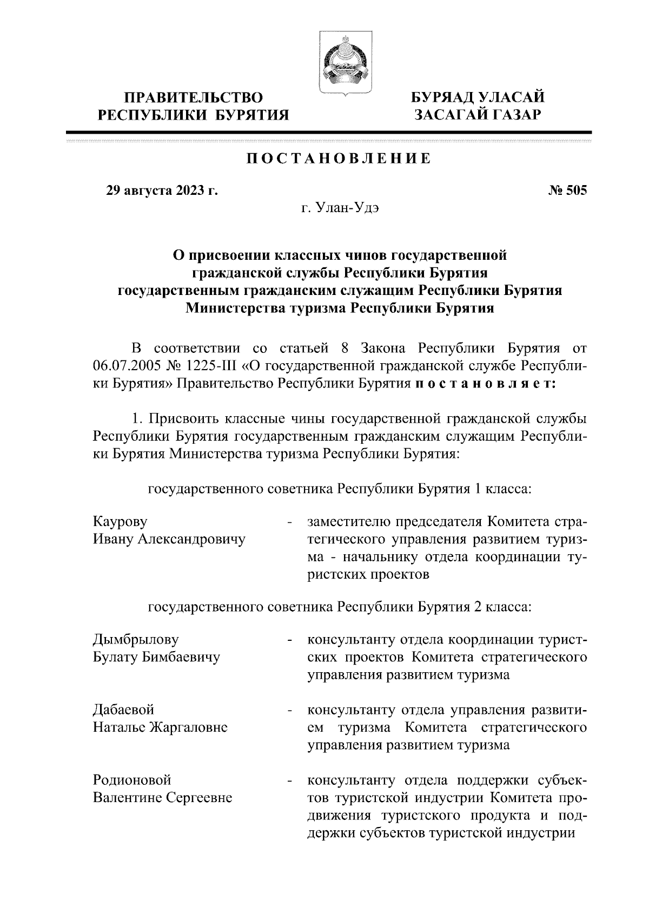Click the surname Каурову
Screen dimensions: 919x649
[x=120, y=522]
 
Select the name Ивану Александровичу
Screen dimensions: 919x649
[x=169, y=539]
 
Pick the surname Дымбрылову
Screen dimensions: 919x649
[x=135, y=639]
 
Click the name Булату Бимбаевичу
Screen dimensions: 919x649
[x=156, y=657]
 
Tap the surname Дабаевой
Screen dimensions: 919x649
[x=123, y=710]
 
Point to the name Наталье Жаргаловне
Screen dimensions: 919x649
[x=160, y=727]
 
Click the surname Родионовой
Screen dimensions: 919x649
[x=132, y=780]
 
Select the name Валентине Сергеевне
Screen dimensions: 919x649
[x=162, y=798]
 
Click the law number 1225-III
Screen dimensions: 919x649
[x=214, y=365]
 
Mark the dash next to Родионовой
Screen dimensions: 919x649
[x=290, y=781]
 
